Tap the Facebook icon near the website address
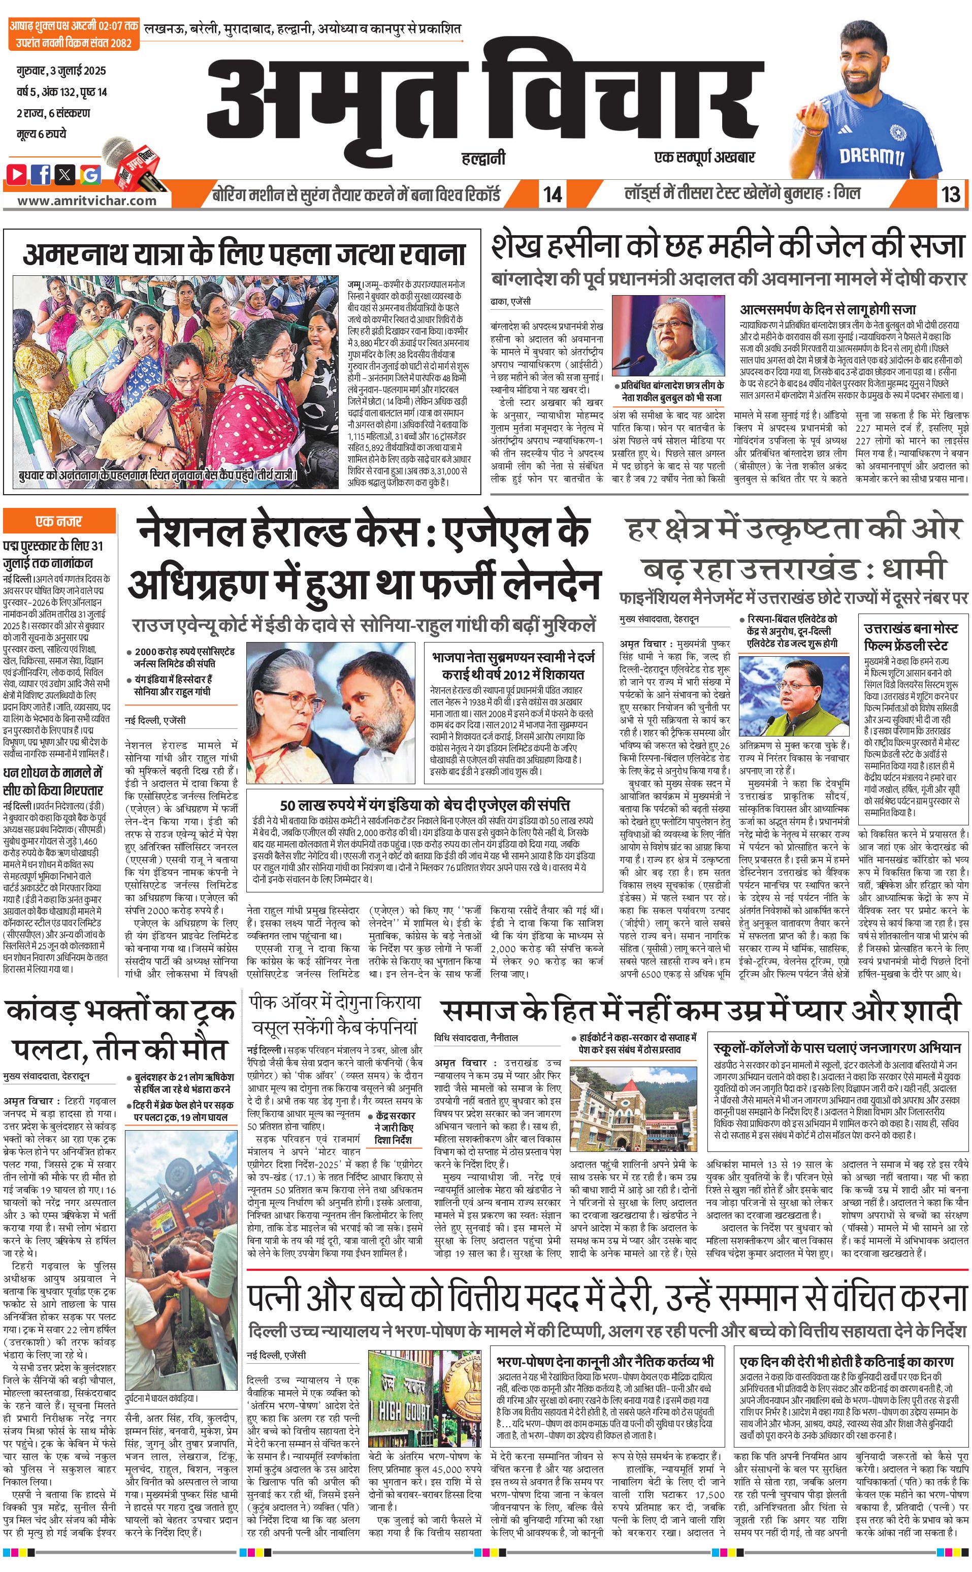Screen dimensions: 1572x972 tap(42, 174)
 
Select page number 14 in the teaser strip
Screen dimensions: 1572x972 tap(552, 194)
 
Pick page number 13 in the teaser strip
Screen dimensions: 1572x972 tap(951, 194)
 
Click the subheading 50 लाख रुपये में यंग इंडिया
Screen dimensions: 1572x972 tap(424, 805)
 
